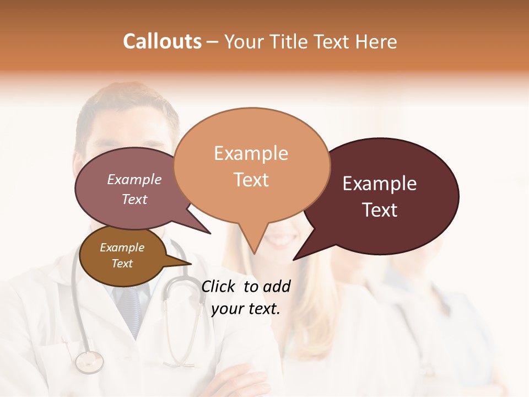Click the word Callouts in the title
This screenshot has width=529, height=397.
coord(162,41)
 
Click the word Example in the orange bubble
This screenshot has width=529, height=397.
coord(251,153)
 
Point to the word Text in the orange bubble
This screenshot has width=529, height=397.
coord(251,179)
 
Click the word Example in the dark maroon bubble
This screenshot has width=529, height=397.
coord(380,184)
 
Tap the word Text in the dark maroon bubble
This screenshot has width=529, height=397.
coord(380,210)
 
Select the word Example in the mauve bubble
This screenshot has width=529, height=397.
coord(134,179)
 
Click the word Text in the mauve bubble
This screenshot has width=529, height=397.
coord(134,199)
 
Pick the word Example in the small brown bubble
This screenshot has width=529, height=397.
coord(122,248)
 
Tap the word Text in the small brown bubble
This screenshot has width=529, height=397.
coord(122,264)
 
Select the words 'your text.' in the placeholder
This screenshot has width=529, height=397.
coord(246,309)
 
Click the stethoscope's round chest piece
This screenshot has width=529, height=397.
coord(89,362)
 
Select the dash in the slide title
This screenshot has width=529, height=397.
coord(213,42)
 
